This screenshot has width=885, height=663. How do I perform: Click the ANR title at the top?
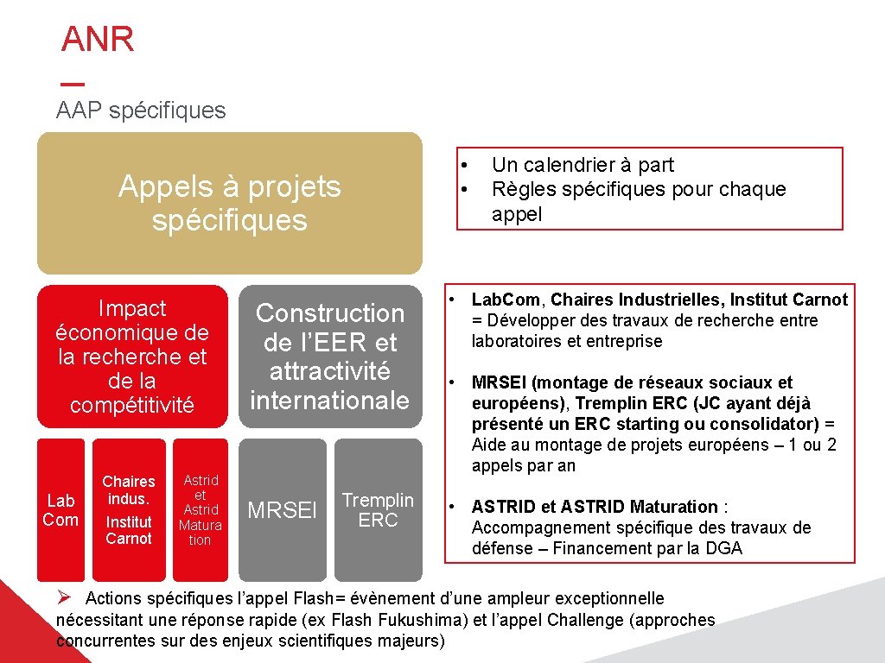click(x=98, y=40)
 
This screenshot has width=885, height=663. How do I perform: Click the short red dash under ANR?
click(x=73, y=85)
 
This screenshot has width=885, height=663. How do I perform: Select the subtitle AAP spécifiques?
click(x=141, y=110)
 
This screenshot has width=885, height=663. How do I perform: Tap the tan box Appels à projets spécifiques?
click(x=229, y=204)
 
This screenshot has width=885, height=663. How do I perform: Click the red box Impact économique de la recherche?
click(x=132, y=356)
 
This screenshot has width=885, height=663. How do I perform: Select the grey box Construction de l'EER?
click(x=330, y=356)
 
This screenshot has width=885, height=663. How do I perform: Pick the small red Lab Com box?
click(x=60, y=509)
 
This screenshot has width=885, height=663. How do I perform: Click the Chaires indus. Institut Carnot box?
click(x=129, y=509)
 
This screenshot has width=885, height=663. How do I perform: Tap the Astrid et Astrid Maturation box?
click(x=200, y=509)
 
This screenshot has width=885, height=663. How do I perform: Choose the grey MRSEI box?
click(x=283, y=510)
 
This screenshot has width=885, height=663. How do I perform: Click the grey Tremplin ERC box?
click(x=378, y=509)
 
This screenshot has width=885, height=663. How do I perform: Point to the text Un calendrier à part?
click(x=582, y=165)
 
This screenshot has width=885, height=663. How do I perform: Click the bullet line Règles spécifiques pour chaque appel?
click(x=638, y=189)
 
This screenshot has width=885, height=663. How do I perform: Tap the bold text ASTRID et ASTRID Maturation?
click(x=595, y=507)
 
